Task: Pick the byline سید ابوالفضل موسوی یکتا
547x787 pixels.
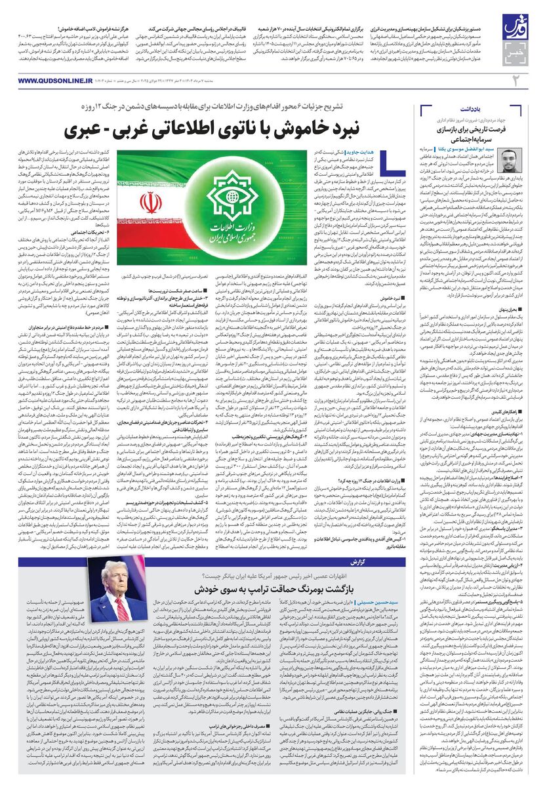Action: pyautogui.click(x=459, y=150)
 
